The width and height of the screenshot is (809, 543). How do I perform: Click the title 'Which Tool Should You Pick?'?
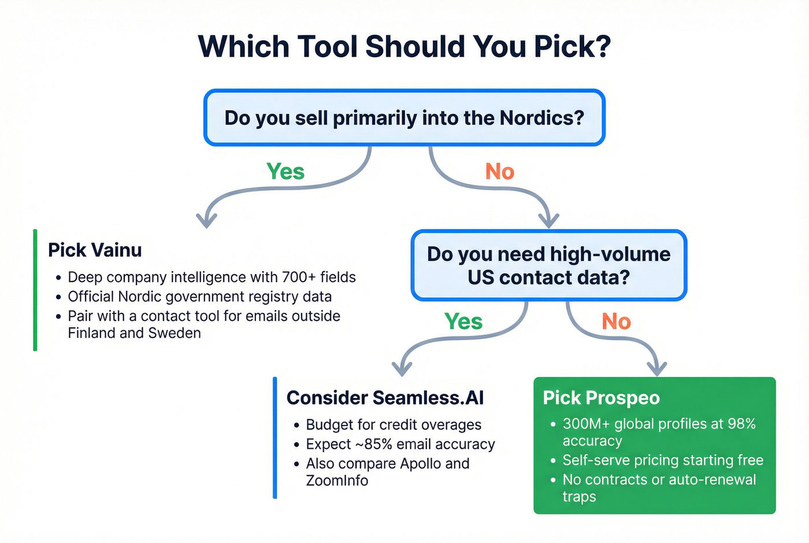pos(404,47)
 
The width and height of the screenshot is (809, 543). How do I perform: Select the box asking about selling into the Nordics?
pos(404,118)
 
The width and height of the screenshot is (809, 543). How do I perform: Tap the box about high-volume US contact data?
pos(548,265)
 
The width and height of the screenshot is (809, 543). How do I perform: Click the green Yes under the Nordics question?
pos(285,172)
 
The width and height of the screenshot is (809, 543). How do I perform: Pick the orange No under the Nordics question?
pos(499,172)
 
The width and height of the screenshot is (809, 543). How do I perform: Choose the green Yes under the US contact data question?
pos(463,322)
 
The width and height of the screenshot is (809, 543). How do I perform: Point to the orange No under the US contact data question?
pos(616,322)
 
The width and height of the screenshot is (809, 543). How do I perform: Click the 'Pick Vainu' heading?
pos(95,250)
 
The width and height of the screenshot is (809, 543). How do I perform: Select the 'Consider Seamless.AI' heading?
pos(385,398)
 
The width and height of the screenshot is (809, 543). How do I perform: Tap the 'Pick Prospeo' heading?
pos(601,398)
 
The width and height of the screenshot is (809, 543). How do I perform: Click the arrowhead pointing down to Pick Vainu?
pos(206,220)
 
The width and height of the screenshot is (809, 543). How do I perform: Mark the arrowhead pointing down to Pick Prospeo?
pos(656,368)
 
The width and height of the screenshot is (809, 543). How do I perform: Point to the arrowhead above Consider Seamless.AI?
pos(402,368)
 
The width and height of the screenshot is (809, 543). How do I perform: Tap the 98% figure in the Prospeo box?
pos(741,424)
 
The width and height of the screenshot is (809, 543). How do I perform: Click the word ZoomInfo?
pos(337,481)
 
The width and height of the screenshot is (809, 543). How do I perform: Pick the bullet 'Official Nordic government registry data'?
pos(199,297)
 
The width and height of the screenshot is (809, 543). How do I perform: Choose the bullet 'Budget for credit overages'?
pos(393,424)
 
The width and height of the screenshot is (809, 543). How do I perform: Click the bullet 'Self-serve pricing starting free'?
pos(663,460)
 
